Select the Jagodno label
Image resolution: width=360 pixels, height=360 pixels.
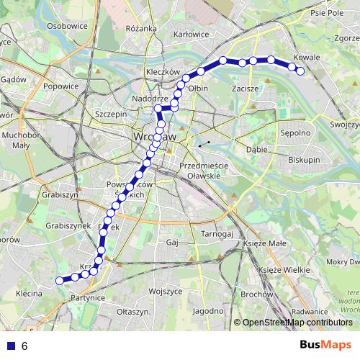[209, 310]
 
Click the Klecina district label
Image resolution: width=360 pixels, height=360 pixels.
[29, 294]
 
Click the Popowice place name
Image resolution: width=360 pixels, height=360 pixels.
[60, 86]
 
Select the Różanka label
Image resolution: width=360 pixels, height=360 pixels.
[140, 28]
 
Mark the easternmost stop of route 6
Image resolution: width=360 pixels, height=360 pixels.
[300, 71]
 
